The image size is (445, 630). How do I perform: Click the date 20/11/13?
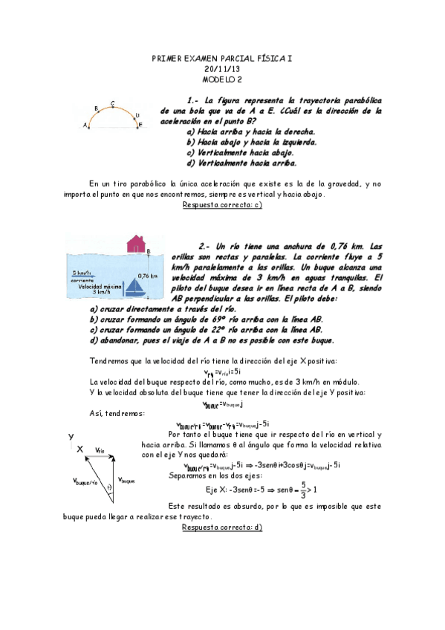coord(222,68)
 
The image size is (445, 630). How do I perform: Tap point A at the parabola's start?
coord(85,126)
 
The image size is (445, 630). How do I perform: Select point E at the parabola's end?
coord(140,126)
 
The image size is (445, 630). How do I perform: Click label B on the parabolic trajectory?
coord(96,108)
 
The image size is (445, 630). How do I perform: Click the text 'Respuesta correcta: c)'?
coord(222,205)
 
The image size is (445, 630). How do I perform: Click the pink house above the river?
coord(135,243)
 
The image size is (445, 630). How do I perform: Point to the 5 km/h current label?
coord(82,272)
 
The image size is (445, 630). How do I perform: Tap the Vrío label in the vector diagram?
coord(103,450)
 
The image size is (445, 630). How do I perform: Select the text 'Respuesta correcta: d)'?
coord(222,527)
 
